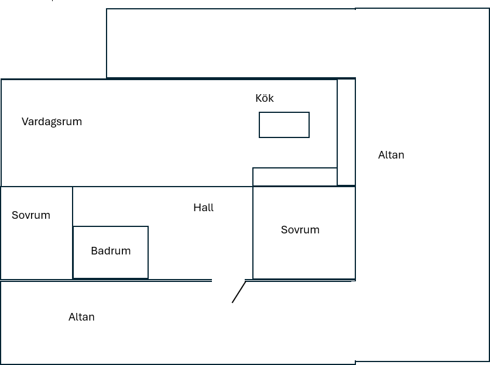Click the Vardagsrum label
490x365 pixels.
pos(52,122)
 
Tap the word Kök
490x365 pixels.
pos(265,98)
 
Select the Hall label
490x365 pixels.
pos(204,208)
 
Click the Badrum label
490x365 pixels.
pos(111,251)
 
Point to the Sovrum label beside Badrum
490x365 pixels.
pos(31,215)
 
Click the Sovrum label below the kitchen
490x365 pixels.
pos(300,230)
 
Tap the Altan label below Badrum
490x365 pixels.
pos(81,317)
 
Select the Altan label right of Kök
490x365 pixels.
pos(391,155)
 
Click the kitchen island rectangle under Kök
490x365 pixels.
pos(284,125)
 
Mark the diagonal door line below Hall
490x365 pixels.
pos(239,292)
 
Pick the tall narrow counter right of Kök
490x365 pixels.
pos(346,132)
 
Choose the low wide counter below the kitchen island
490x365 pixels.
pos(294,177)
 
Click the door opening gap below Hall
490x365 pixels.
pos(228,280)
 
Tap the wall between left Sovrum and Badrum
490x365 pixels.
pos(73,233)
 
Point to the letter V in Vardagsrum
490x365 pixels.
pos(25,122)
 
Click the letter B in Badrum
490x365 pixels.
pos(94,251)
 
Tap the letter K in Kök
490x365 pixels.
pos(259,98)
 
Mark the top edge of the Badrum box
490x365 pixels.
pos(111,226)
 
